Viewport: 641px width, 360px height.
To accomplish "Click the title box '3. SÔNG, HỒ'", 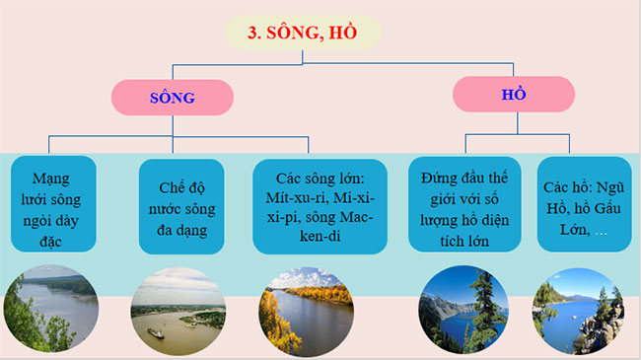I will (302, 32).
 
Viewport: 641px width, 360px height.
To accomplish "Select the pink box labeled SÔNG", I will (172, 98).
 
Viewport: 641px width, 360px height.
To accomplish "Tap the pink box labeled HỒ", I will (513, 94).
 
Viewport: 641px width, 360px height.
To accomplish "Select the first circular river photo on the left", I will (52, 313).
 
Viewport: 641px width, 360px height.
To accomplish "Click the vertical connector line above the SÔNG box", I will (172, 72).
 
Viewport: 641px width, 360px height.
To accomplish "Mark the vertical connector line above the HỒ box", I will (513, 70).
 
